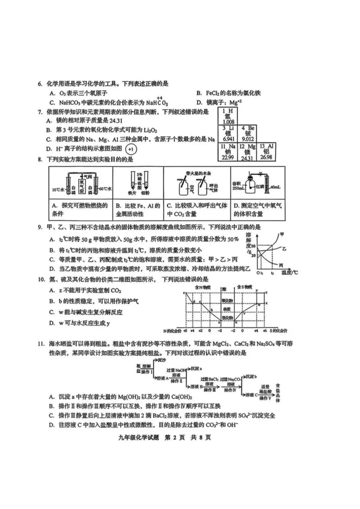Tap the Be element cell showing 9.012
click(248, 134)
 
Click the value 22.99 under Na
click(228, 157)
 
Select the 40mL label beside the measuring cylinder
click(275, 187)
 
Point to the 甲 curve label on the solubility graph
click(282, 234)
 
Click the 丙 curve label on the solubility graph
click(281, 265)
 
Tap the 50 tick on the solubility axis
click(253, 246)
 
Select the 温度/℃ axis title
click(289, 273)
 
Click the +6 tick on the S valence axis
click(265, 331)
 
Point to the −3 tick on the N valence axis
click(220, 331)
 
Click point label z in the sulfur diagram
click(266, 292)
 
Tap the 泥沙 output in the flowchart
click(162, 360)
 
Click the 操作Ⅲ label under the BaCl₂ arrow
click(210, 390)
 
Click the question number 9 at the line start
click(40, 227)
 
